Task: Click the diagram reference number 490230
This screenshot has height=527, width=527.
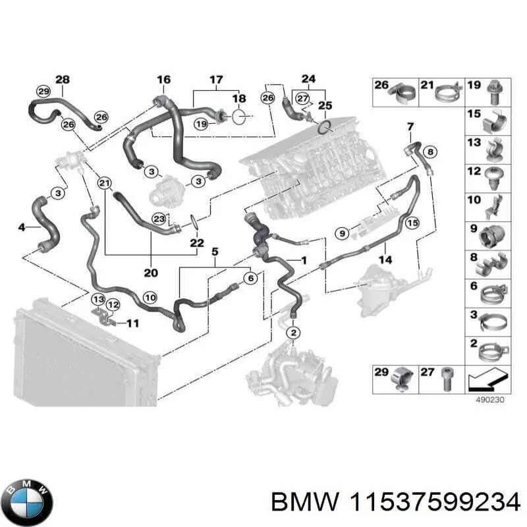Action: (x=489, y=400)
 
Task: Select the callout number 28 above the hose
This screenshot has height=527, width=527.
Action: (x=63, y=79)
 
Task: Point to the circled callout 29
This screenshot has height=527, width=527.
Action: (x=43, y=92)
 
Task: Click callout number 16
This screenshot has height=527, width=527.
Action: (x=163, y=79)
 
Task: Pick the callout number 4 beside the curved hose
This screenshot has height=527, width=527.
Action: (x=22, y=227)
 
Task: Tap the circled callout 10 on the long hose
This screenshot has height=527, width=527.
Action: (x=150, y=298)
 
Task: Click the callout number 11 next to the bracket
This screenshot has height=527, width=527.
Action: (x=133, y=323)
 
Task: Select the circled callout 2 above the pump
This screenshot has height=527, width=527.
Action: (x=293, y=333)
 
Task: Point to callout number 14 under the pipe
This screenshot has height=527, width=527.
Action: (x=385, y=260)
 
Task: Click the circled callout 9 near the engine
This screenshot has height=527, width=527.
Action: (x=342, y=233)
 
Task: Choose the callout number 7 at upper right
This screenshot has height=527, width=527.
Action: (x=410, y=126)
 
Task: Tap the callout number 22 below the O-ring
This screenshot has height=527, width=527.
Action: (x=196, y=242)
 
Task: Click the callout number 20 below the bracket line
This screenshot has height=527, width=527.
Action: (x=151, y=273)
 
